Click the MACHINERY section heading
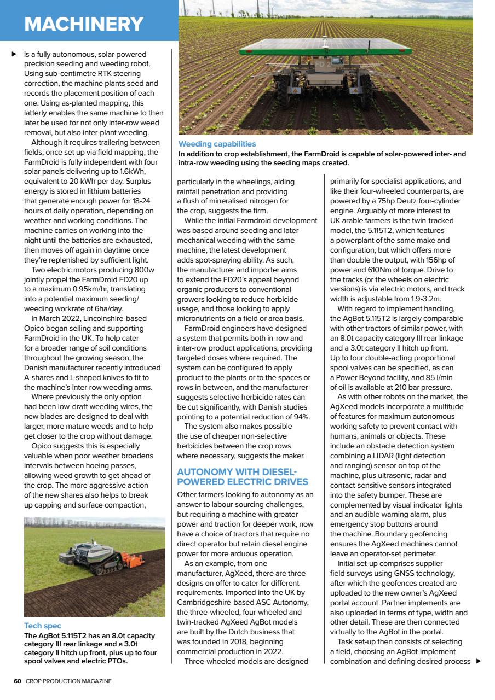coord(84,24)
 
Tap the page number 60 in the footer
coord(18,681)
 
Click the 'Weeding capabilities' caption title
coord(217,144)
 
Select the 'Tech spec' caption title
coord(43,626)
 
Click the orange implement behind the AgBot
coord(133,559)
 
